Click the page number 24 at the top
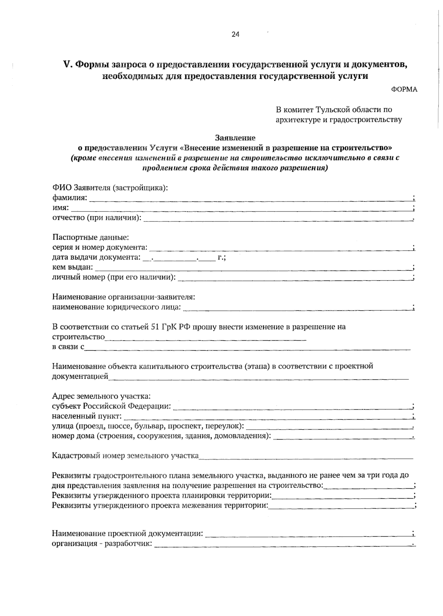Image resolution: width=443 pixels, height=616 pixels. [236, 34]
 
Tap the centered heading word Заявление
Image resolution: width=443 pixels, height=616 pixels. [235, 138]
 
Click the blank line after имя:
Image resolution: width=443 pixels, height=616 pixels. [242, 209]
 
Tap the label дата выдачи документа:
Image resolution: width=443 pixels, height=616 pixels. [96, 257]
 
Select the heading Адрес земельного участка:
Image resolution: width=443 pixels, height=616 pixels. [101, 396]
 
